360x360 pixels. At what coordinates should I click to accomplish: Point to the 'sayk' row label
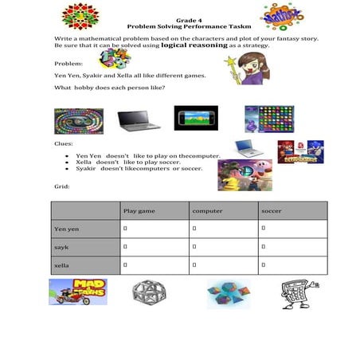(61, 248)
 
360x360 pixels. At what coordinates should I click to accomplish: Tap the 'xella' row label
(61, 265)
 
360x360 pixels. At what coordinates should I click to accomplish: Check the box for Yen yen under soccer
(264, 229)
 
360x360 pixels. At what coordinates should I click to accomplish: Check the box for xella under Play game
(126, 265)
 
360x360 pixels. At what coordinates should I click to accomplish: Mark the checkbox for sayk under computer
(195, 248)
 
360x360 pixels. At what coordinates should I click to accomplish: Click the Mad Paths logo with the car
(78, 292)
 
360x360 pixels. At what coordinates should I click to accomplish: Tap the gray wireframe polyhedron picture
(148, 292)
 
